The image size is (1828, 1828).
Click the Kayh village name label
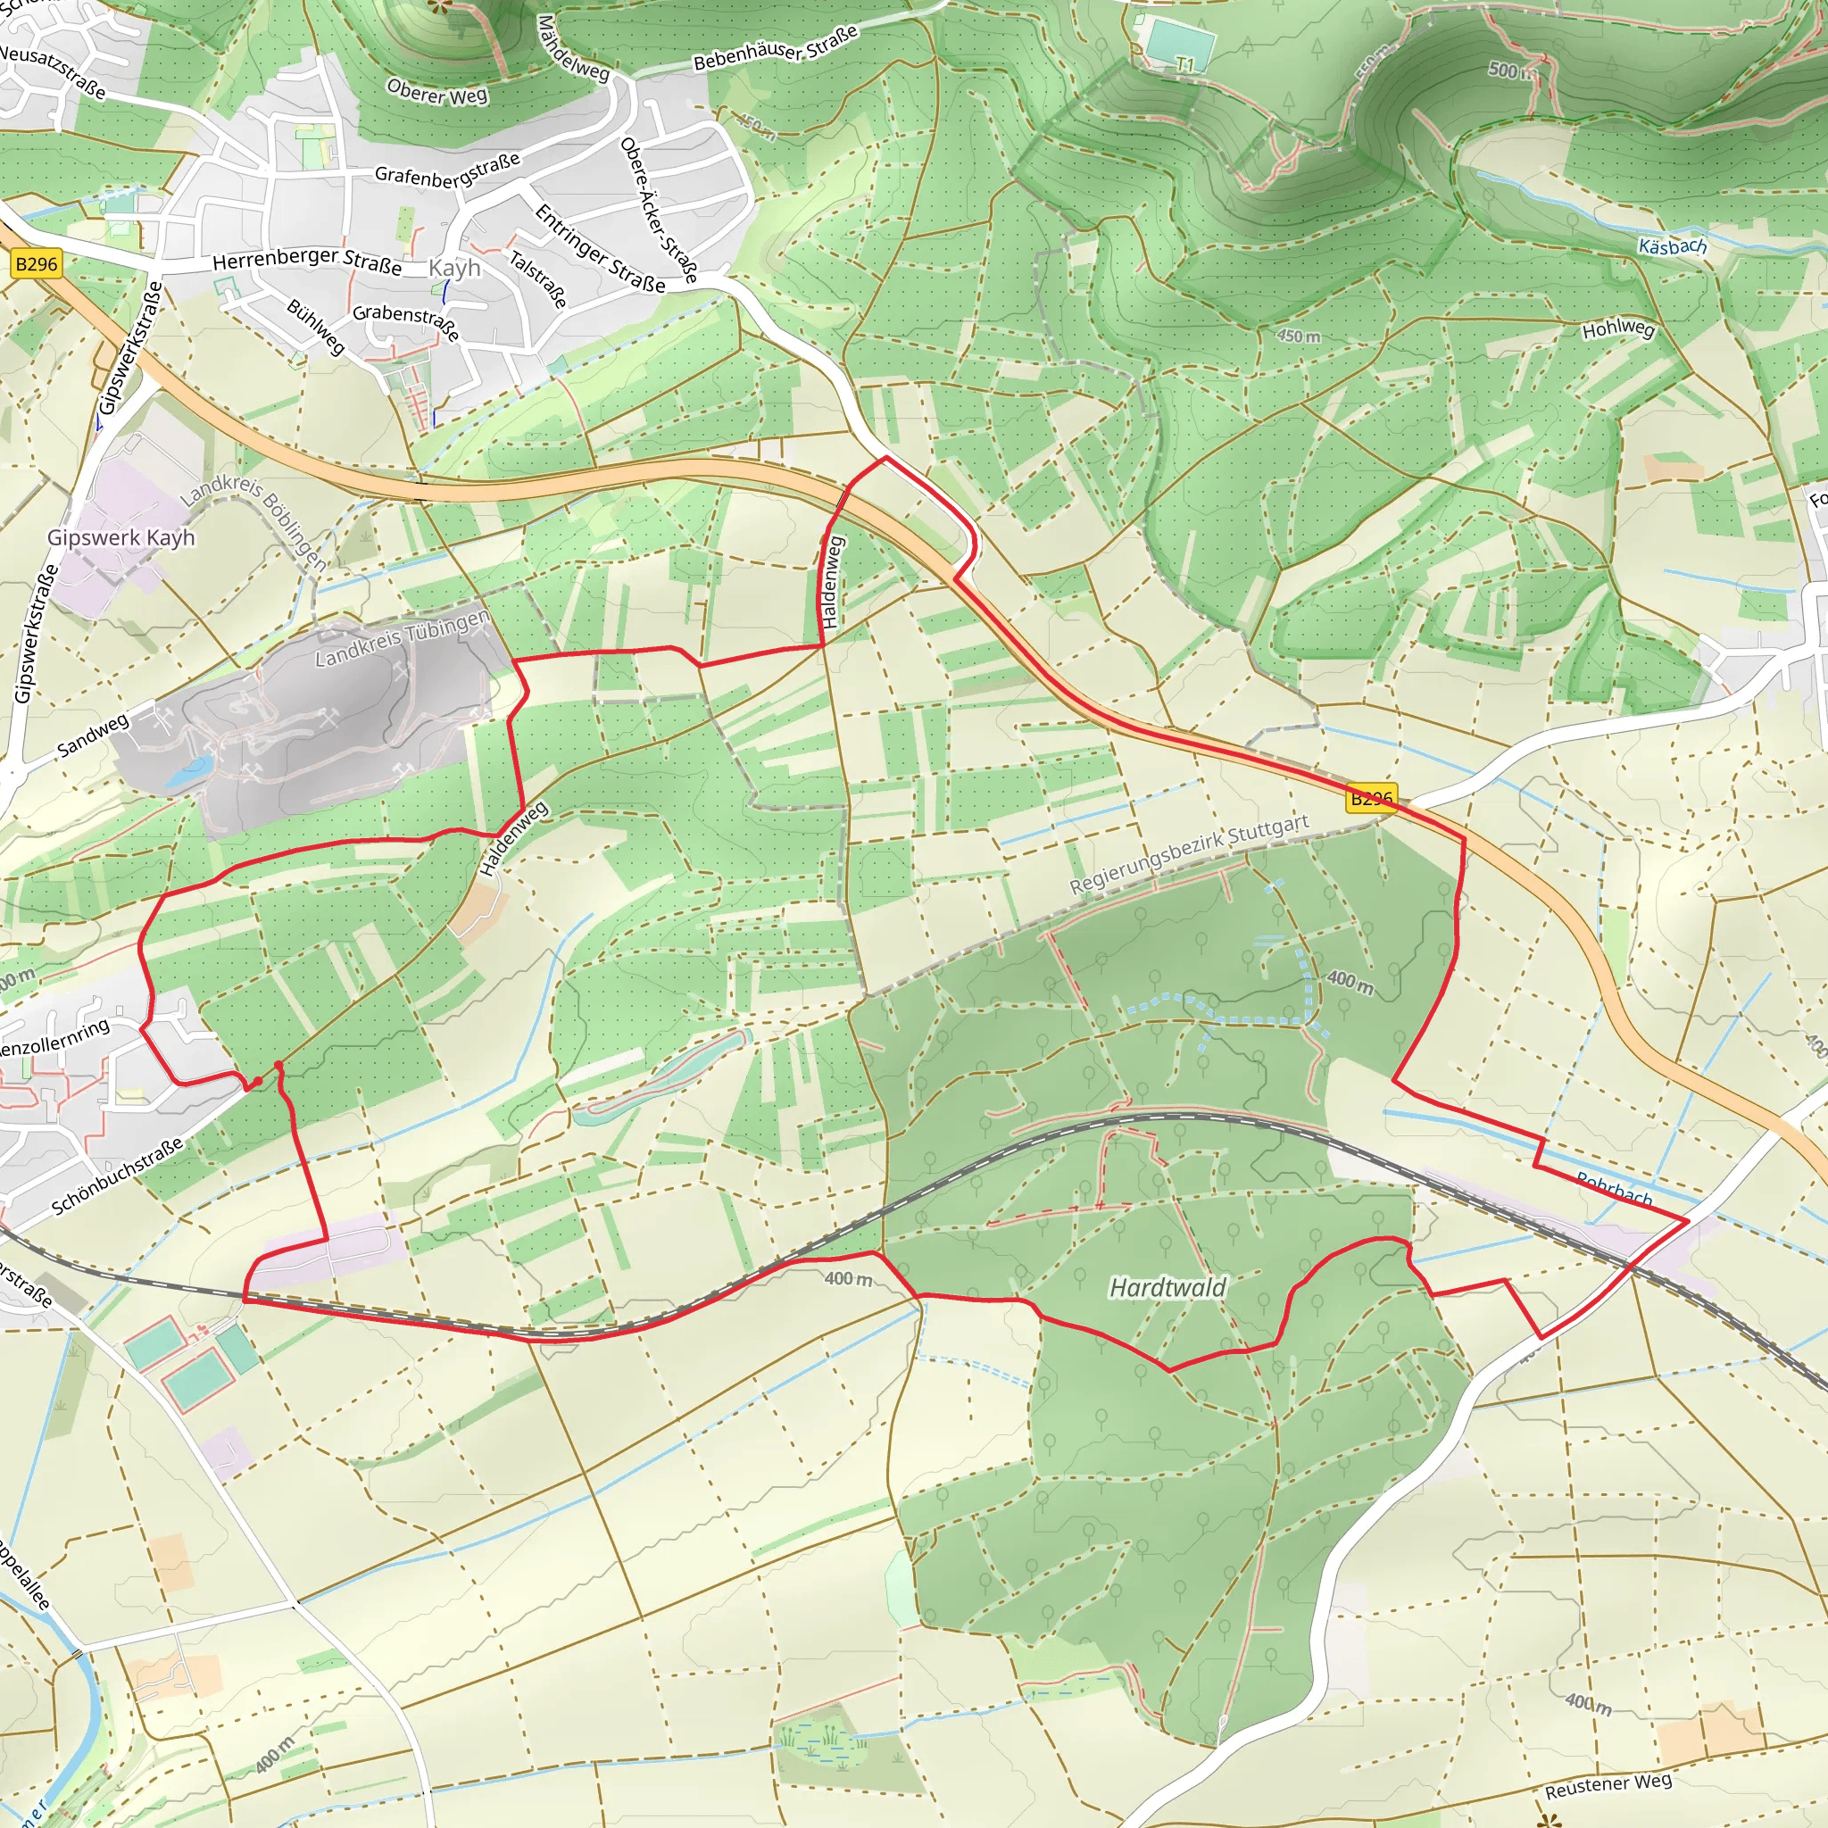pos(454,268)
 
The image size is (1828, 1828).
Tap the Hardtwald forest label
pos(1167,1288)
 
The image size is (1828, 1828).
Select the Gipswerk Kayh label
pos(121,537)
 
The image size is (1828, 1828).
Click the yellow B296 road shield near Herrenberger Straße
pos(37,264)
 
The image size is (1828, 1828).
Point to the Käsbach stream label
pos(1673,247)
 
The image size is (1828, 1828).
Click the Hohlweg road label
pos(1618,329)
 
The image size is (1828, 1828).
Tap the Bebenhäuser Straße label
pos(775,48)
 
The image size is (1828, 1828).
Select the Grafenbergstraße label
pos(447,170)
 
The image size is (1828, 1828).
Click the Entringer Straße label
pos(600,249)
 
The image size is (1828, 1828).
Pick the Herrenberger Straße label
pos(306,261)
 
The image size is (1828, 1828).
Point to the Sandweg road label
pos(93,736)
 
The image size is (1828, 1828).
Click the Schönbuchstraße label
pos(116,1176)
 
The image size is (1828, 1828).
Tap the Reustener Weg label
pos(1608,1785)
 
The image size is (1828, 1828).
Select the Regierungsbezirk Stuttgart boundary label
pos(1188,854)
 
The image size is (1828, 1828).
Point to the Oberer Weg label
pos(437,92)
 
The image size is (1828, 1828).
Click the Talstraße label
pos(538,279)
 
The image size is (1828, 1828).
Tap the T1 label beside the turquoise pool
pos(1185,64)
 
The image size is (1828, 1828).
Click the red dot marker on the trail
pos(256,1081)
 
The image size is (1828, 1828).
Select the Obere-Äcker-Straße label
pos(659,211)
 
